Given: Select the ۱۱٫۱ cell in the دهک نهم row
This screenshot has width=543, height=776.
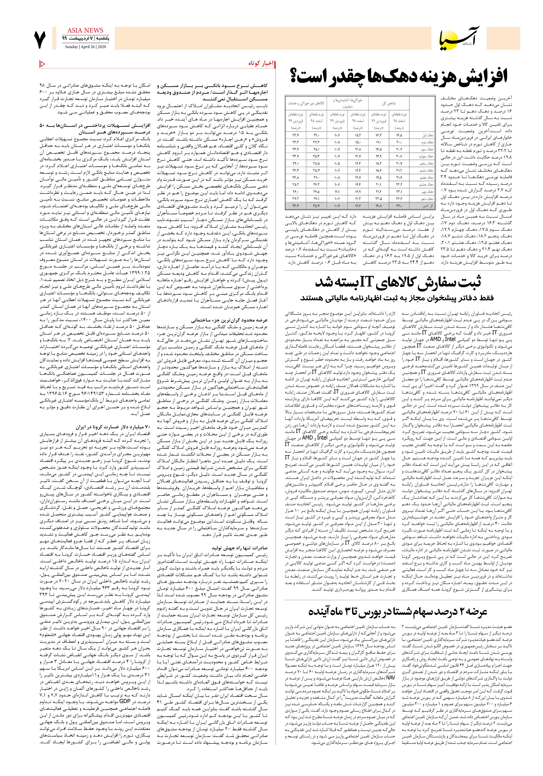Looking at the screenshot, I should click(x=337, y=191).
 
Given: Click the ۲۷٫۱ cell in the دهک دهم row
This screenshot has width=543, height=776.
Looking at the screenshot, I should click(x=317, y=198).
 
